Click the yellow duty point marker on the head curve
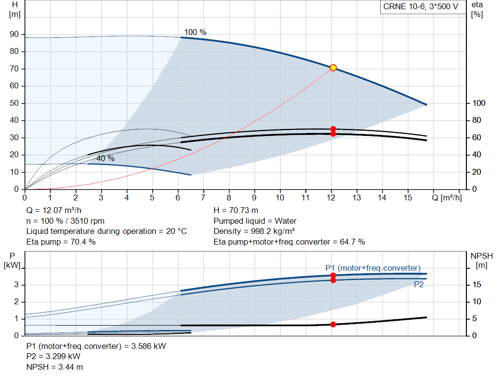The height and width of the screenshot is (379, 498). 333,67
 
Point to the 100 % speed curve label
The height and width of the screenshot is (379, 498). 195,32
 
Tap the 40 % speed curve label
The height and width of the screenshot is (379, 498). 105,159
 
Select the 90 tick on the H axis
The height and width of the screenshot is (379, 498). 15,34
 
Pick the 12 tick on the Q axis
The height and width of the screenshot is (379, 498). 331,198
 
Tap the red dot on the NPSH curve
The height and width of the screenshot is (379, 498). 333,324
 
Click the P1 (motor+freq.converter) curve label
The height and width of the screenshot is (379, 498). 373,268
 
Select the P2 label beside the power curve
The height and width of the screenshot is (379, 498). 419,285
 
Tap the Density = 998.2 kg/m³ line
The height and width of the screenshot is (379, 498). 254,231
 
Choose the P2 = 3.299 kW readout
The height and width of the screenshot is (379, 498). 53,356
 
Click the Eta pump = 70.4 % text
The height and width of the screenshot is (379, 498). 61,241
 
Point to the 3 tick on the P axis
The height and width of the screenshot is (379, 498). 16,285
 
